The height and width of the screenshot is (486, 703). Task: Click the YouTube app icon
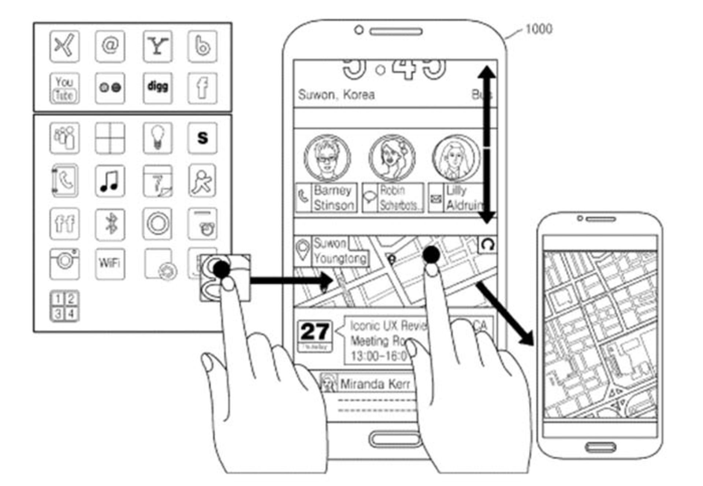[64, 88]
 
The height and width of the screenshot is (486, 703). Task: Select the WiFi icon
[109, 263]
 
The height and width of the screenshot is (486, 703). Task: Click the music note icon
[109, 181]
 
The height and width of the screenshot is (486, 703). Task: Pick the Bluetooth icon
[110, 223]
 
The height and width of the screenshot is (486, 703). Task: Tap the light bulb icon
[157, 138]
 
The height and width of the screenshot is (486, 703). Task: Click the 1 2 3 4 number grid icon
[64, 306]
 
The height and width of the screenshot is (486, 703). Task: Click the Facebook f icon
[202, 88]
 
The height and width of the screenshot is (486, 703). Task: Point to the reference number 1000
[539, 29]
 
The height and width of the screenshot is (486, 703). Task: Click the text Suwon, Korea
[336, 95]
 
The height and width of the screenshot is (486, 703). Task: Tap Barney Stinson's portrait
[327, 158]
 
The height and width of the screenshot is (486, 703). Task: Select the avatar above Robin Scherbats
[392, 158]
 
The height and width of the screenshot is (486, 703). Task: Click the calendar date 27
[315, 332]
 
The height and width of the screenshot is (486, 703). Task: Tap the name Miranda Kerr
[375, 384]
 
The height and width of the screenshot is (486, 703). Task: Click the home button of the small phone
[600, 447]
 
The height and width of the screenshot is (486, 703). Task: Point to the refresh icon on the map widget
[487, 244]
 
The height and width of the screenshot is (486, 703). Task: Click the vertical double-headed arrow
[487, 145]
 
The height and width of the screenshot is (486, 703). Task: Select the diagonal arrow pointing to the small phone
[505, 314]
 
